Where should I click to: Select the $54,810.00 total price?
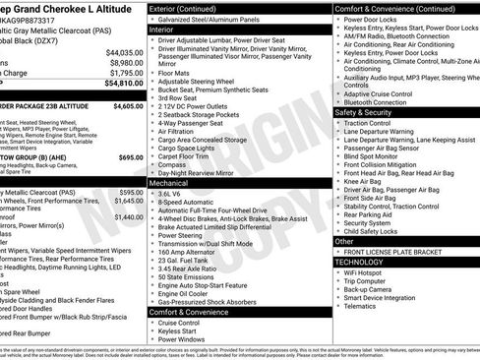click(123, 84)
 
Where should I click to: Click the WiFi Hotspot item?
click(368, 273)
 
